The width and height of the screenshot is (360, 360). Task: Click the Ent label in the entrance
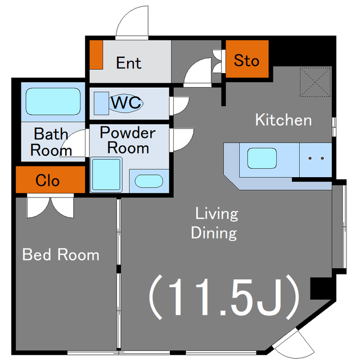(x=129, y=62)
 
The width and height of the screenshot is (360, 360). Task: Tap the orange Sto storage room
(x=247, y=58)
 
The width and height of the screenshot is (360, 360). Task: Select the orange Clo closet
(x=50, y=179)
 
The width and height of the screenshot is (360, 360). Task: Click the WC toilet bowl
(x=126, y=103)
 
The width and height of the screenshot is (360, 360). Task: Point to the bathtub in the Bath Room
(x=53, y=101)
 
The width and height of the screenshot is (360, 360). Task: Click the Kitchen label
(x=283, y=120)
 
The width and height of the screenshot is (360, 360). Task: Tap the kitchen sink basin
(x=262, y=158)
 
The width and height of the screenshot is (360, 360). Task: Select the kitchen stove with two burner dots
(x=316, y=160)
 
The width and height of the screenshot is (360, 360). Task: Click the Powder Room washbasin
(x=148, y=181)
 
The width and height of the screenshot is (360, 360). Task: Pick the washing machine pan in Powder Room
(x=106, y=175)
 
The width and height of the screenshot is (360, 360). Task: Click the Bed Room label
(x=61, y=254)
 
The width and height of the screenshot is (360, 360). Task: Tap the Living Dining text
(x=215, y=223)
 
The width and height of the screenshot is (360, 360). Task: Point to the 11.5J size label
(x=224, y=297)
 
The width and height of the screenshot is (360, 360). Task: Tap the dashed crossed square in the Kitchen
(x=315, y=82)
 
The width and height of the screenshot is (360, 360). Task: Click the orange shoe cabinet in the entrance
(x=96, y=55)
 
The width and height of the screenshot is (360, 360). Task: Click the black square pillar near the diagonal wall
(x=321, y=288)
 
